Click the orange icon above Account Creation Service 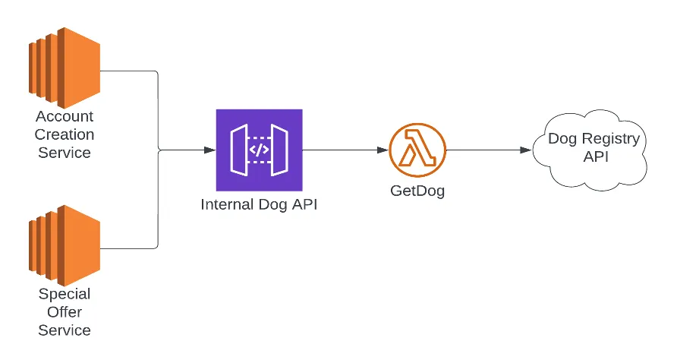click(x=65, y=67)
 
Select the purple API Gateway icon click(x=259, y=150)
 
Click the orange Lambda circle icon click(x=417, y=150)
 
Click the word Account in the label click(x=65, y=117)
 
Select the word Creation click(x=65, y=134)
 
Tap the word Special click(x=65, y=294)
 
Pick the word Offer click(x=65, y=312)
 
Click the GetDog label click(x=417, y=191)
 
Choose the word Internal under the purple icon click(x=225, y=204)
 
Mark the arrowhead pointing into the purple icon click(x=211, y=150)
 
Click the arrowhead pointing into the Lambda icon click(x=383, y=150)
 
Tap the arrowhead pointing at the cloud click(x=526, y=150)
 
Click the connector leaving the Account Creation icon click(x=129, y=71)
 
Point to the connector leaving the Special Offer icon click(x=129, y=248)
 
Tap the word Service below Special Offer click(x=65, y=330)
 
